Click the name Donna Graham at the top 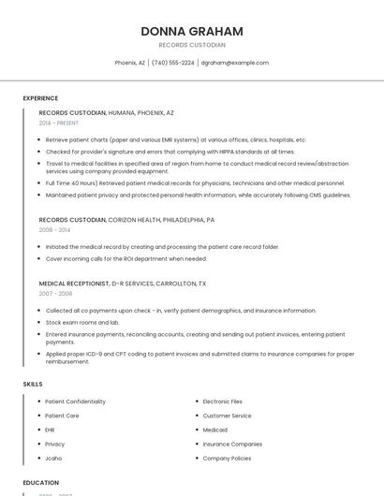[x=192, y=31]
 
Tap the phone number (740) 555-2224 [x=172, y=63]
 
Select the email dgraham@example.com [x=235, y=63]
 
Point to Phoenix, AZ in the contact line [x=129, y=63]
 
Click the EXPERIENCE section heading [x=40, y=98]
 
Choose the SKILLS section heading [x=33, y=384]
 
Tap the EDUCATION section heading [x=41, y=483]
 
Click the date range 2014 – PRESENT [x=59, y=123]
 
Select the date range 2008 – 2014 [x=54, y=229]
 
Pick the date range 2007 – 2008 [x=55, y=293]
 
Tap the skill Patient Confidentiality [x=75, y=401]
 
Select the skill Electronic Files [x=222, y=401]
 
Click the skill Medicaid [x=215, y=430]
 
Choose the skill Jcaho [x=53, y=459]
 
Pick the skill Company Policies [x=227, y=459]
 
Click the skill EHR [x=50, y=430]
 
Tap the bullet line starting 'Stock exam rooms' [x=82, y=322]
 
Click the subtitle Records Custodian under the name [x=192, y=45]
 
